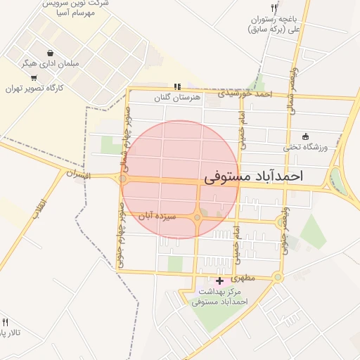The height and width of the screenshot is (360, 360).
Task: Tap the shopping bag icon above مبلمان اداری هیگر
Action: tap(50, 53)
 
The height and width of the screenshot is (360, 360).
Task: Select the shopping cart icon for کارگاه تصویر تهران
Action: tap(34, 77)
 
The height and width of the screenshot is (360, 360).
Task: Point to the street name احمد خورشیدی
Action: tap(244, 93)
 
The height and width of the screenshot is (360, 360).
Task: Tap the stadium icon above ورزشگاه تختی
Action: tap(305, 136)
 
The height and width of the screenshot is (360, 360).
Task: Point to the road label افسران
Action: tap(79, 174)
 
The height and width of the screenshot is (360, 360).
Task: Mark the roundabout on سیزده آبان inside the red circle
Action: tap(198, 218)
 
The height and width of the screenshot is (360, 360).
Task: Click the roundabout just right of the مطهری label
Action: tap(278, 278)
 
